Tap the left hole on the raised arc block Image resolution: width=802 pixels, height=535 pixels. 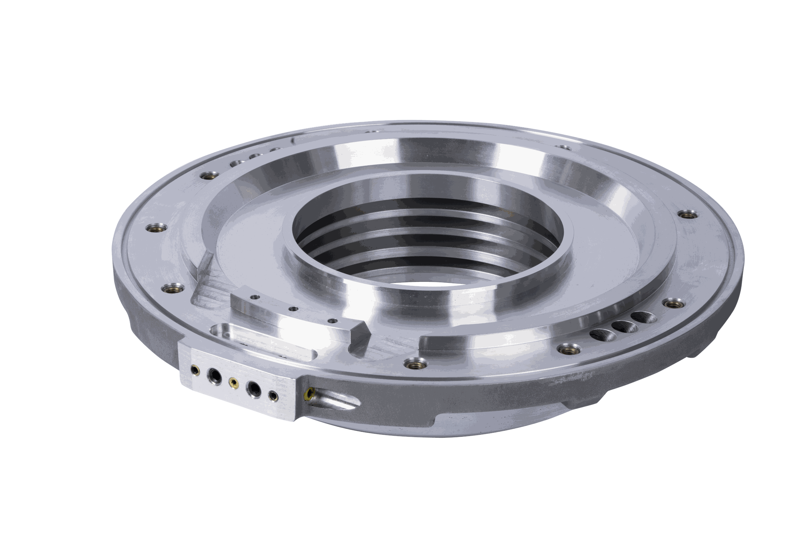pyautogui.click(x=254, y=297)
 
